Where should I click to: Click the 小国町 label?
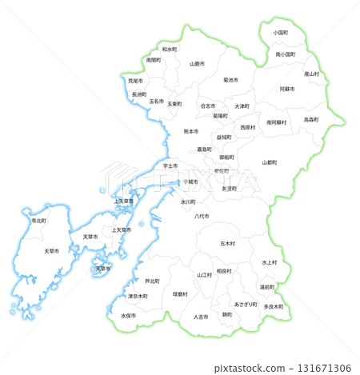click(280, 33)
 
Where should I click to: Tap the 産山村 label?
click(311, 74)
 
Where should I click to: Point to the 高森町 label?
click(311, 119)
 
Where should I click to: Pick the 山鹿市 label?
click(197, 63)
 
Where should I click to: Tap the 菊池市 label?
click(230, 80)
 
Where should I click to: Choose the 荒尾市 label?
click(134, 81)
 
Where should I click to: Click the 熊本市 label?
click(191, 131)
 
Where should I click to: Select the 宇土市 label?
click(169, 166)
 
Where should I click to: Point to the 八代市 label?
click(202, 216)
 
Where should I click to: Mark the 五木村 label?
click(228, 243)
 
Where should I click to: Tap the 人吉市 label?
click(201, 317)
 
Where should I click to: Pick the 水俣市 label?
click(129, 315)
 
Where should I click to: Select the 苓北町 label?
click(38, 220)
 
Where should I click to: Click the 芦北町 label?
click(152, 281)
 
